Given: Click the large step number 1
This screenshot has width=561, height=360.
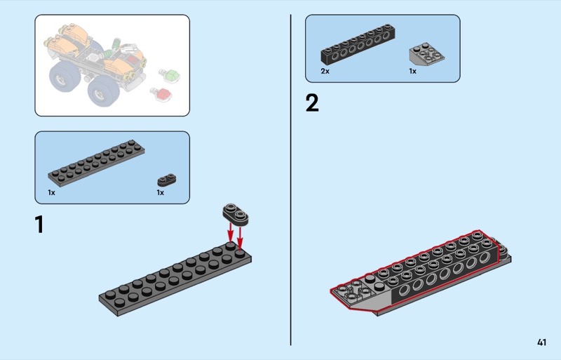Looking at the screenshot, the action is pyautogui.click(x=40, y=225).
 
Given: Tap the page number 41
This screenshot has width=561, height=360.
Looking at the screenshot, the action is pyautogui.click(x=541, y=342).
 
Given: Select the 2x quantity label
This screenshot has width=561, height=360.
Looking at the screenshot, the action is pyautogui.click(x=325, y=71).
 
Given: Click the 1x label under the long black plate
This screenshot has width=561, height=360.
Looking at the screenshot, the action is pyautogui.click(x=51, y=193).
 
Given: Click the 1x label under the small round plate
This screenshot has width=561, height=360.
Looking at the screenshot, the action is pyautogui.click(x=161, y=193).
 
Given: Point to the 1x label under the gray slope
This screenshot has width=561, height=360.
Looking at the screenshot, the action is pyautogui.click(x=413, y=71).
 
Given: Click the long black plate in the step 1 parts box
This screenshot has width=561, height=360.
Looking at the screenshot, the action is pyautogui.click(x=97, y=164).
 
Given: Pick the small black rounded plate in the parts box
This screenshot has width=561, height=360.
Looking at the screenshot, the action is pyautogui.click(x=167, y=180).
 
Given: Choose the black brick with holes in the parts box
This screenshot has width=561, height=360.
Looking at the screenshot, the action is pyautogui.click(x=358, y=44).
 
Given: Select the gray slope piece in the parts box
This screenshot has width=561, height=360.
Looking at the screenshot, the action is pyautogui.click(x=427, y=54).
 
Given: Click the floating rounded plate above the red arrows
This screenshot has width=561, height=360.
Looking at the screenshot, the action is pyautogui.click(x=236, y=214).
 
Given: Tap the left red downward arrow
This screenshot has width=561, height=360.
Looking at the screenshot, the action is pyautogui.click(x=231, y=234).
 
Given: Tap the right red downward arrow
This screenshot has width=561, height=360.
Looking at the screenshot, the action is pyautogui.click(x=240, y=237).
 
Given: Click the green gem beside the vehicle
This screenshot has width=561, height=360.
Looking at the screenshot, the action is pyautogui.click(x=170, y=75).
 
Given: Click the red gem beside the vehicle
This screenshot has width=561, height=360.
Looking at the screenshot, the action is pyautogui.click(x=161, y=94).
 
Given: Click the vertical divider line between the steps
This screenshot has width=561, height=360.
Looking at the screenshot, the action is pyautogui.click(x=291, y=180).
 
